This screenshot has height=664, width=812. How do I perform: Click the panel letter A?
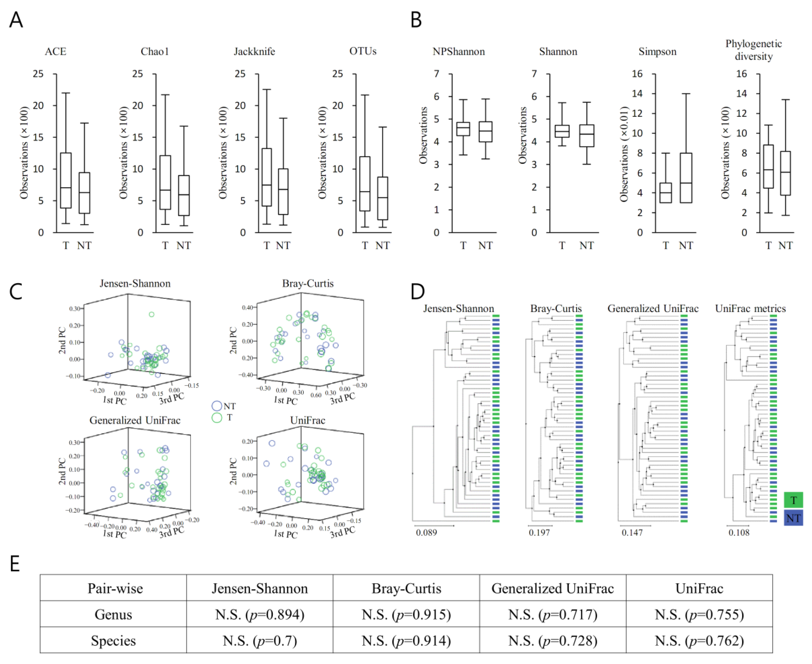click(x=16, y=20)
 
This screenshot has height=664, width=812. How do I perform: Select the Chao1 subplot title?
click(x=155, y=51)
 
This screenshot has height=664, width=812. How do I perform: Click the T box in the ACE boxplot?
click(x=66, y=180)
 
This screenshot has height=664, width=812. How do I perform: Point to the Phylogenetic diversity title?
click(x=753, y=50)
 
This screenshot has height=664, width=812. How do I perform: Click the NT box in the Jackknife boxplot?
click(x=283, y=191)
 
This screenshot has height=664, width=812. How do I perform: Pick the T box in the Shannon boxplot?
click(x=562, y=131)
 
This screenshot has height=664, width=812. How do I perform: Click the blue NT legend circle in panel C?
click(x=217, y=406)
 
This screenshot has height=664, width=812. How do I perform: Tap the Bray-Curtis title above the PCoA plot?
click(x=308, y=284)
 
